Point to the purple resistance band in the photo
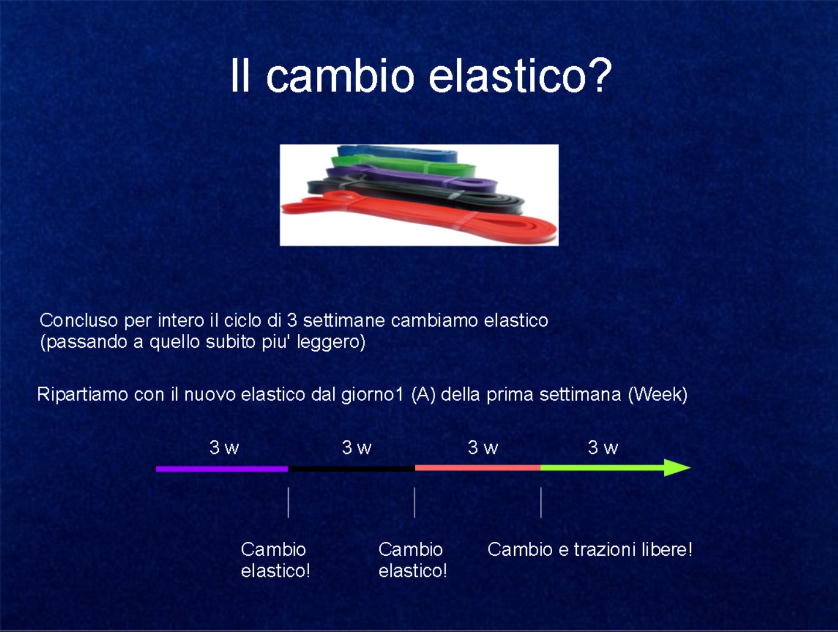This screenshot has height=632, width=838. [x=412, y=178]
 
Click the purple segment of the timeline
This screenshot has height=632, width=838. [x=222, y=469]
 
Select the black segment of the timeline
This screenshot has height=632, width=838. [x=351, y=469]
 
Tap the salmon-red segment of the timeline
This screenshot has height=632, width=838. [x=478, y=468]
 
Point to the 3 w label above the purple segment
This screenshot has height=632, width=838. [x=224, y=447]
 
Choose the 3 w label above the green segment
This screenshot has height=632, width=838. [x=603, y=447]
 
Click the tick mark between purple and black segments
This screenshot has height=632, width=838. [x=288, y=502]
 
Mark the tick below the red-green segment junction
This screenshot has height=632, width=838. [x=541, y=502]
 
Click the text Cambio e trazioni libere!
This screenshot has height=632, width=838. [x=590, y=549]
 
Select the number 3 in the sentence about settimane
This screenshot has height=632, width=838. [x=292, y=320]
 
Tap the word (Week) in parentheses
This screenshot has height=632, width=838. [x=658, y=394]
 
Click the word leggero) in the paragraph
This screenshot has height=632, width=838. [x=331, y=342]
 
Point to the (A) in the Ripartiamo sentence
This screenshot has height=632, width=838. [x=423, y=394]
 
